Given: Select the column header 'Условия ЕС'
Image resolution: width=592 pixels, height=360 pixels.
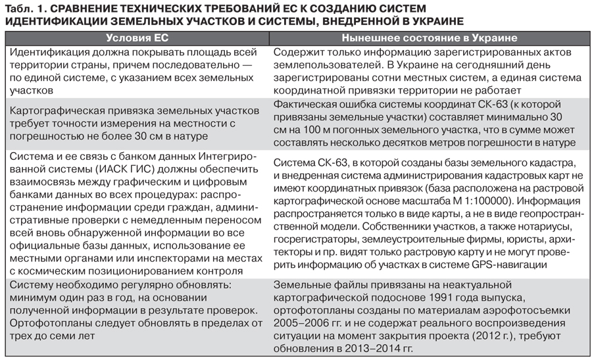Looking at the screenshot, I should click(137, 38).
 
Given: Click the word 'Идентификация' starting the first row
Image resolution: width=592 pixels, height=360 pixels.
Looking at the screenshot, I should click(49, 53).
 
